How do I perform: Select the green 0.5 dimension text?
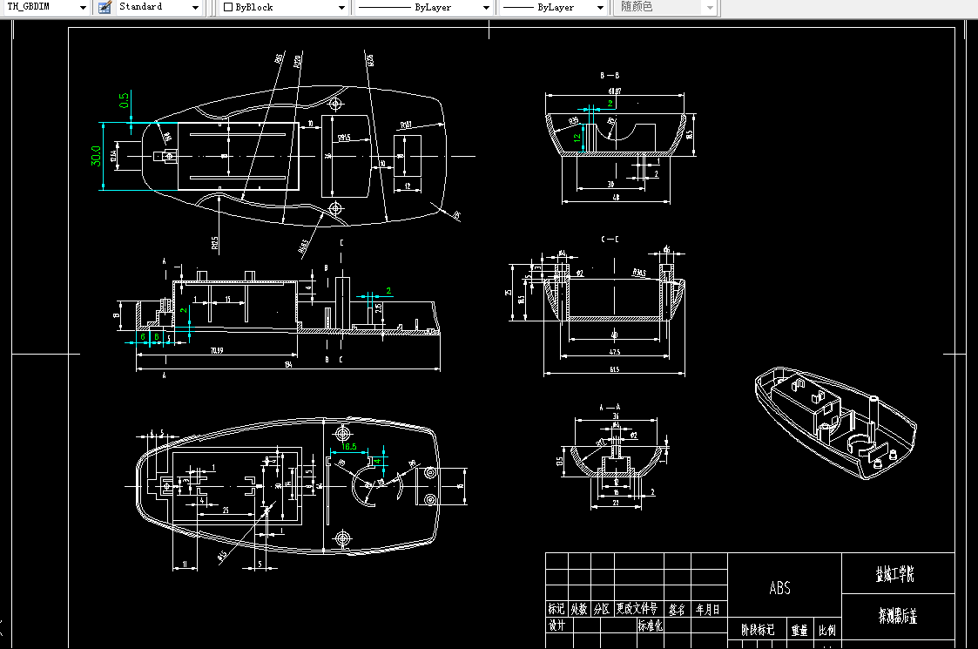pyautogui.click(x=124, y=100)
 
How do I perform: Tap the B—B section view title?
pyautogui.click(x=610, y=77)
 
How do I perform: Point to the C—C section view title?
pyautogui.click(x=610, y=239)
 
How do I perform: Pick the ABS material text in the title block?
pyautogui.click(x=780, y=588)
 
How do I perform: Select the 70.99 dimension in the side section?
pyautogui.click(x=216, y=350)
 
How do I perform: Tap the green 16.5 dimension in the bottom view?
pyautogui.click(x=349, y=446)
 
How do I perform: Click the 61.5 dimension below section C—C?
pyautogui.click(x=615, y=371)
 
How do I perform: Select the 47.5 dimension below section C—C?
pyautogui.click(x=615, y=353)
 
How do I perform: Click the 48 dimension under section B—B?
pyautogui.click(x=616, y=199)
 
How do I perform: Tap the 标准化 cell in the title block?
pyautogui.click(x=651, y=625)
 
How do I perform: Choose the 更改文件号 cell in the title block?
pyautogui.click(x=637, y=609)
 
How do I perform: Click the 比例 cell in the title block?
pyautogui.click(x=826, y=630)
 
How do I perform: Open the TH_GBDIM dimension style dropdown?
pyautogui.click(x=47, y=7)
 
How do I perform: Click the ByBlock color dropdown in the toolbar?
pyautogui.click(x=284, y=7)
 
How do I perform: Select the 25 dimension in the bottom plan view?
pyautogui.click(x=226, y=510)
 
